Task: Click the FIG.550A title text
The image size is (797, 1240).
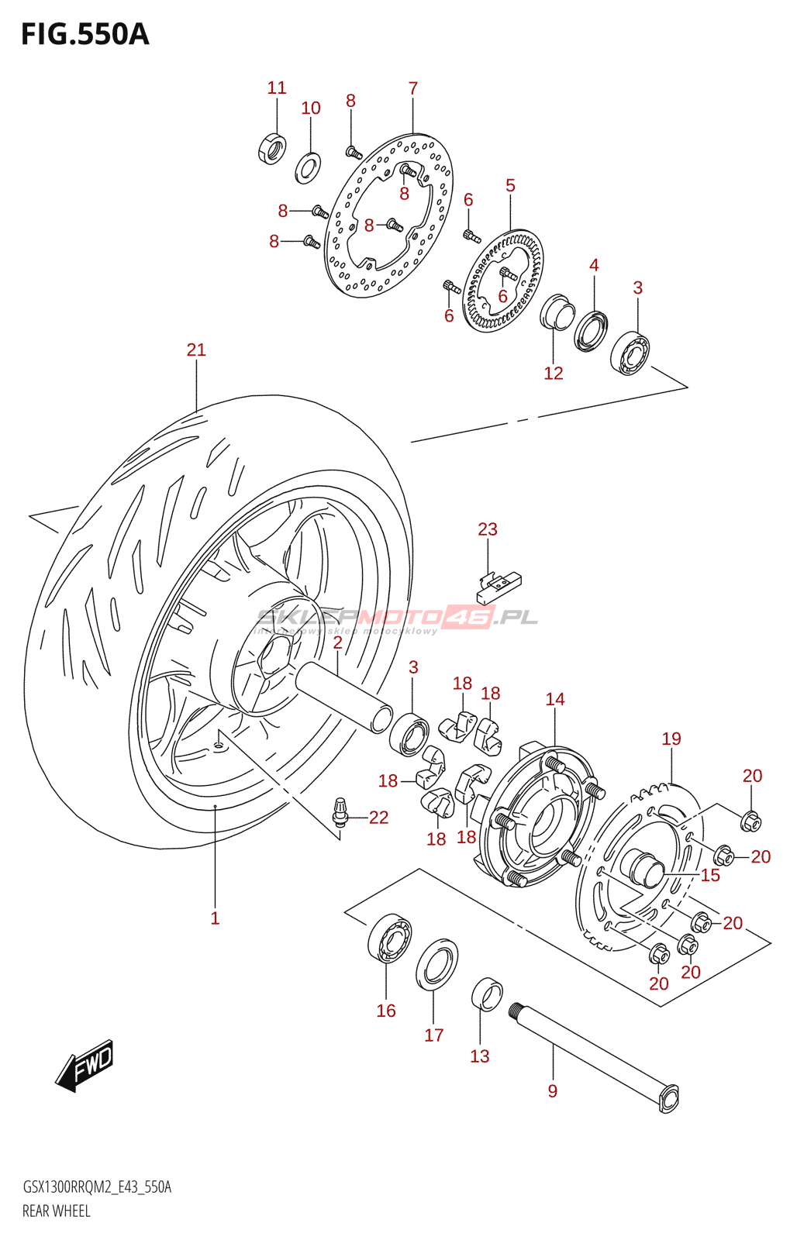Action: click(85, 35)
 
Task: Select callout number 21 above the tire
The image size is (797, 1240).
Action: click(196, 350)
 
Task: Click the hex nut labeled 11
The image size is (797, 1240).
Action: click(271, 148)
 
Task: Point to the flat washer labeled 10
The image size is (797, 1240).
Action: click(309, 167)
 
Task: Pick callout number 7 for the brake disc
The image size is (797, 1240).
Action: click(413, 88)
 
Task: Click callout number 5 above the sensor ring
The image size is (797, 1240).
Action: click(510, 186)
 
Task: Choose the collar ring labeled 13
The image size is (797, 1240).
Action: click(487, 994)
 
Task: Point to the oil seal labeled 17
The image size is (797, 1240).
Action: click(436, 965)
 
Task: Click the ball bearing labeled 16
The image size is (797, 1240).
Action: click(388, 938)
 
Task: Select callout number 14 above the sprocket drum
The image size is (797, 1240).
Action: click(555, 700)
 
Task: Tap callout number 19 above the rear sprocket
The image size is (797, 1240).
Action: click(671, 739)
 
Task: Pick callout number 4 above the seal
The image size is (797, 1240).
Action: click(594, 266)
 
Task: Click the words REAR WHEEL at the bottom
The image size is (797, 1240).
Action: click(57, 1211)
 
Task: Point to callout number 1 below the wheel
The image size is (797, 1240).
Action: click(215, 919)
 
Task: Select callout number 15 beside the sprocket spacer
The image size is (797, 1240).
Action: click(710, 876)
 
